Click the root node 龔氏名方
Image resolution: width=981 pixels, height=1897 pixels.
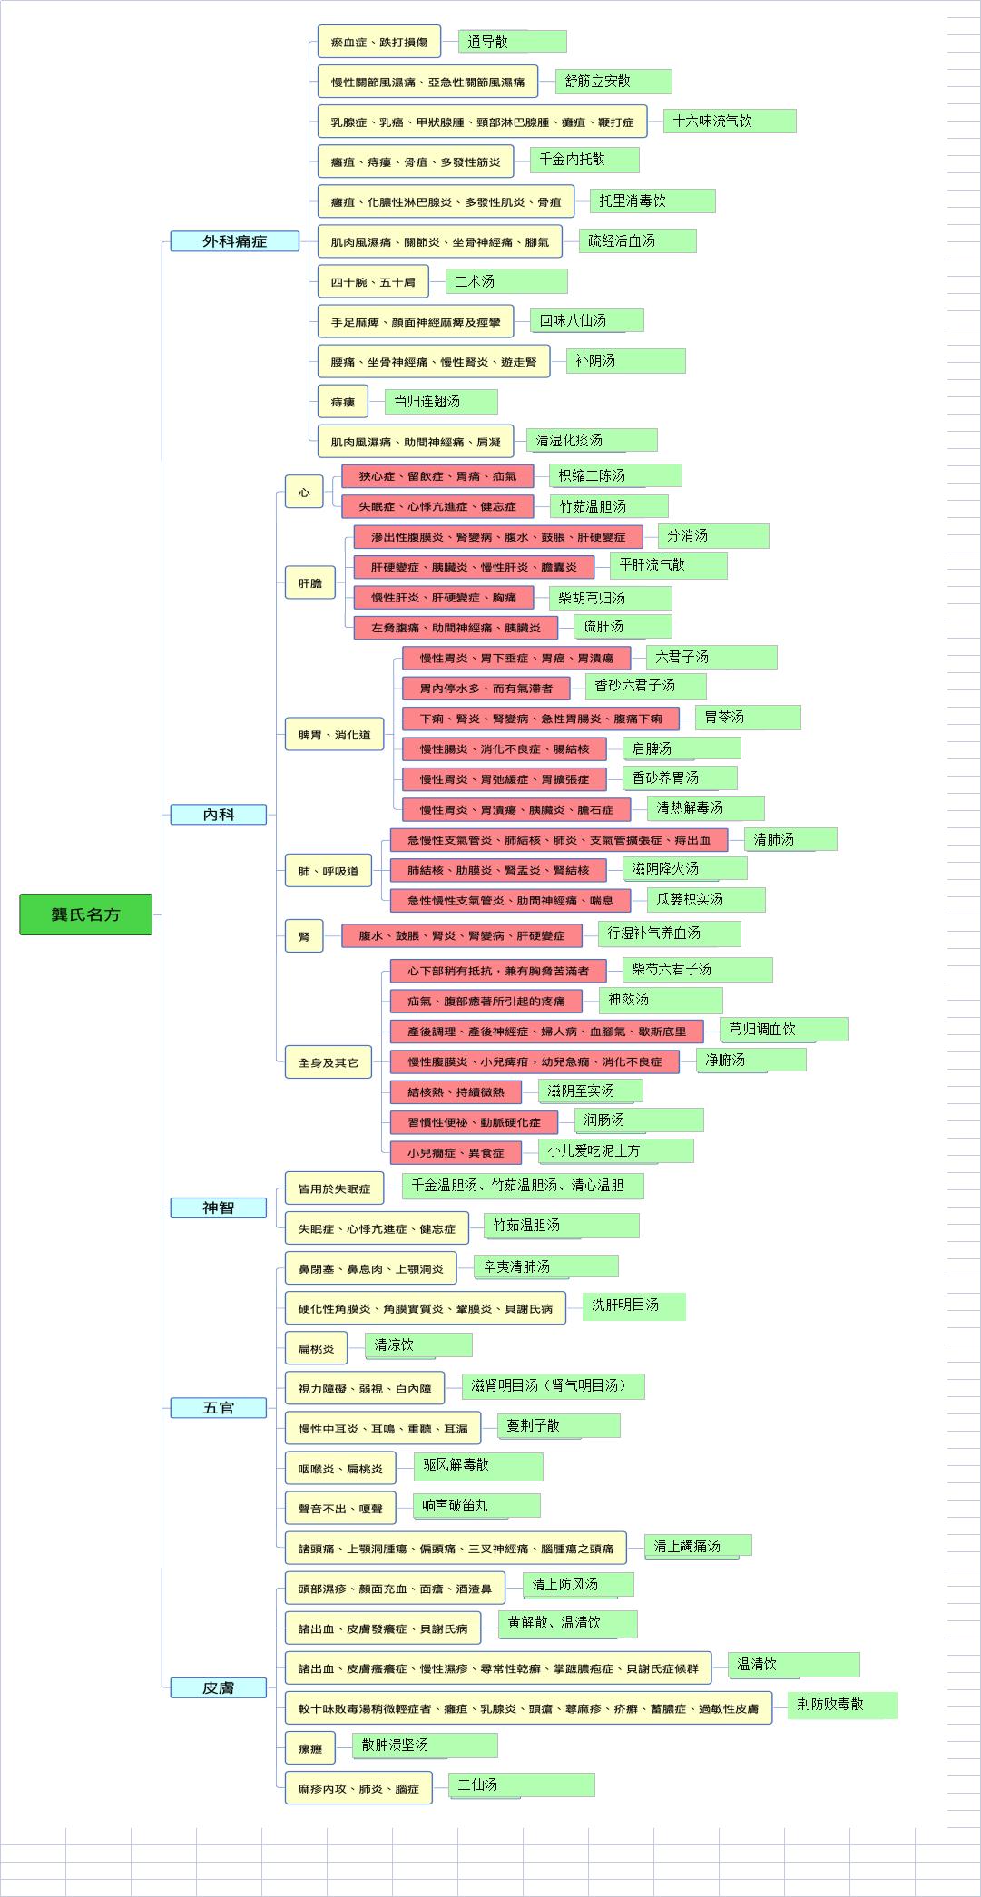point(85,914)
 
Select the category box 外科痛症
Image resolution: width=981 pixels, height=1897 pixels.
point(234,240)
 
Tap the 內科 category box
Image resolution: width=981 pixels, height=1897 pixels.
point(219,815)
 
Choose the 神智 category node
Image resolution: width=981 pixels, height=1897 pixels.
point(219,1208)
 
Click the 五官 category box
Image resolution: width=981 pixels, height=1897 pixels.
point(219,1407)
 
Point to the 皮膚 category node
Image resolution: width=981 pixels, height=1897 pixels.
point(219,1687)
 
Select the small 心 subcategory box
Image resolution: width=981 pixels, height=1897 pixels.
point(304,492)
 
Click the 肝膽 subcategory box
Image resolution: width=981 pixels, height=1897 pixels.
point(310,582)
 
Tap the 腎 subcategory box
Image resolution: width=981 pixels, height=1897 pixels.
point(304,935)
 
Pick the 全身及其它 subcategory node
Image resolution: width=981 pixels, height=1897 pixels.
point(329,1062)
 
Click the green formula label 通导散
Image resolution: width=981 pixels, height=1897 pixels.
point(512,42)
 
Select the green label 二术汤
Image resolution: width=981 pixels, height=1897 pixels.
point(506,281)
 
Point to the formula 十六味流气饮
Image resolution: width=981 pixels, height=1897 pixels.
point(730,121)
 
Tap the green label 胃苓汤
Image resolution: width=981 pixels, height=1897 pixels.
point(748,718)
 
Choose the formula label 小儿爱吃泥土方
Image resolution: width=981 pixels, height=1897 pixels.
point(615,1150)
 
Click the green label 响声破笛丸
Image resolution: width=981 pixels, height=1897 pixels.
point(476,1506)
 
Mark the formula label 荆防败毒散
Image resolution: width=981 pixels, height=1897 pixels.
point(842,1705)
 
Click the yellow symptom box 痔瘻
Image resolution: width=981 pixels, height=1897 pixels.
point(342,401)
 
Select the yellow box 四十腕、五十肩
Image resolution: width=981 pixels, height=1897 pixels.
point(373,281)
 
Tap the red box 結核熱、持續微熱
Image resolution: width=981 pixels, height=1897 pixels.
point(456,1091)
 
